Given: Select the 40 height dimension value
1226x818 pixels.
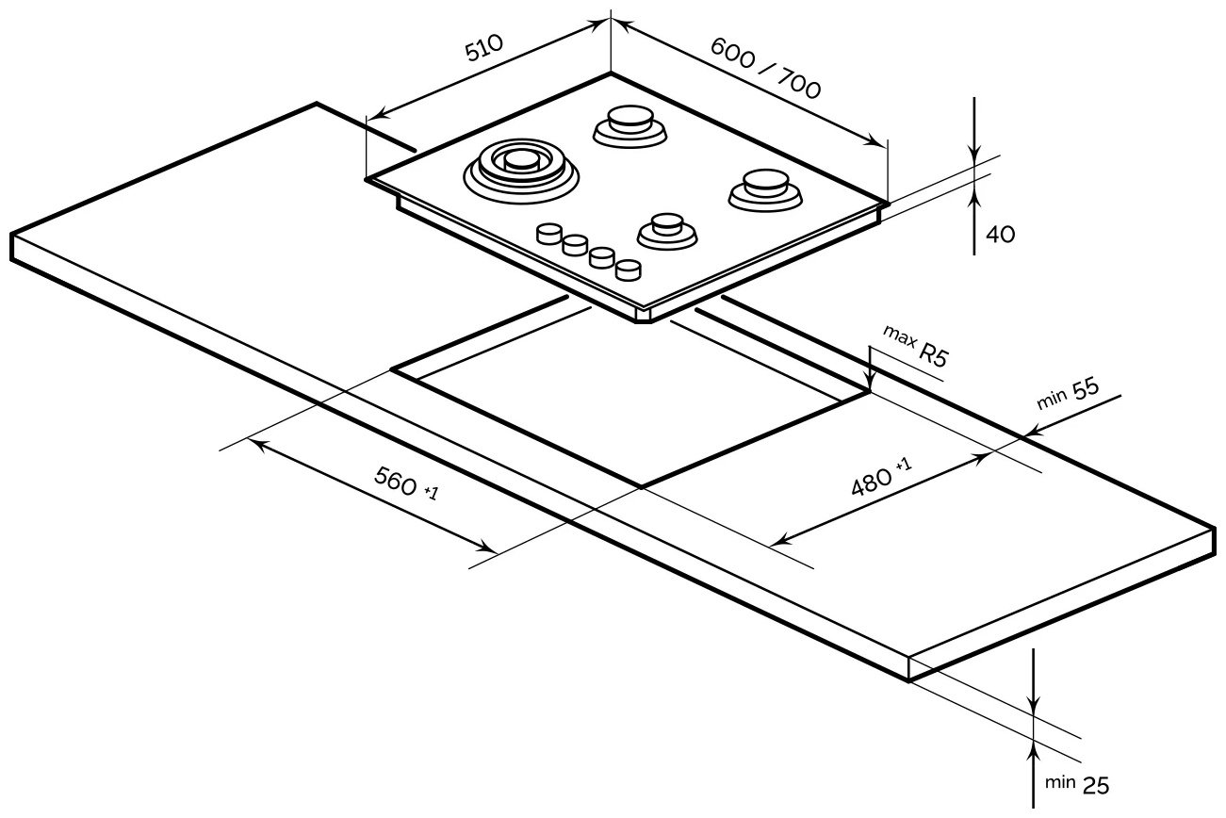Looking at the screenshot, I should point(1001,234).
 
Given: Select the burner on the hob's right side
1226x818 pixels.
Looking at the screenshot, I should point(763,187).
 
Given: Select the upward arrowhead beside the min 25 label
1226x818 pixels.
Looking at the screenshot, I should point(1035,750).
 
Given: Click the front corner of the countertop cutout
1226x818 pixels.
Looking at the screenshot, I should point(642,486).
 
